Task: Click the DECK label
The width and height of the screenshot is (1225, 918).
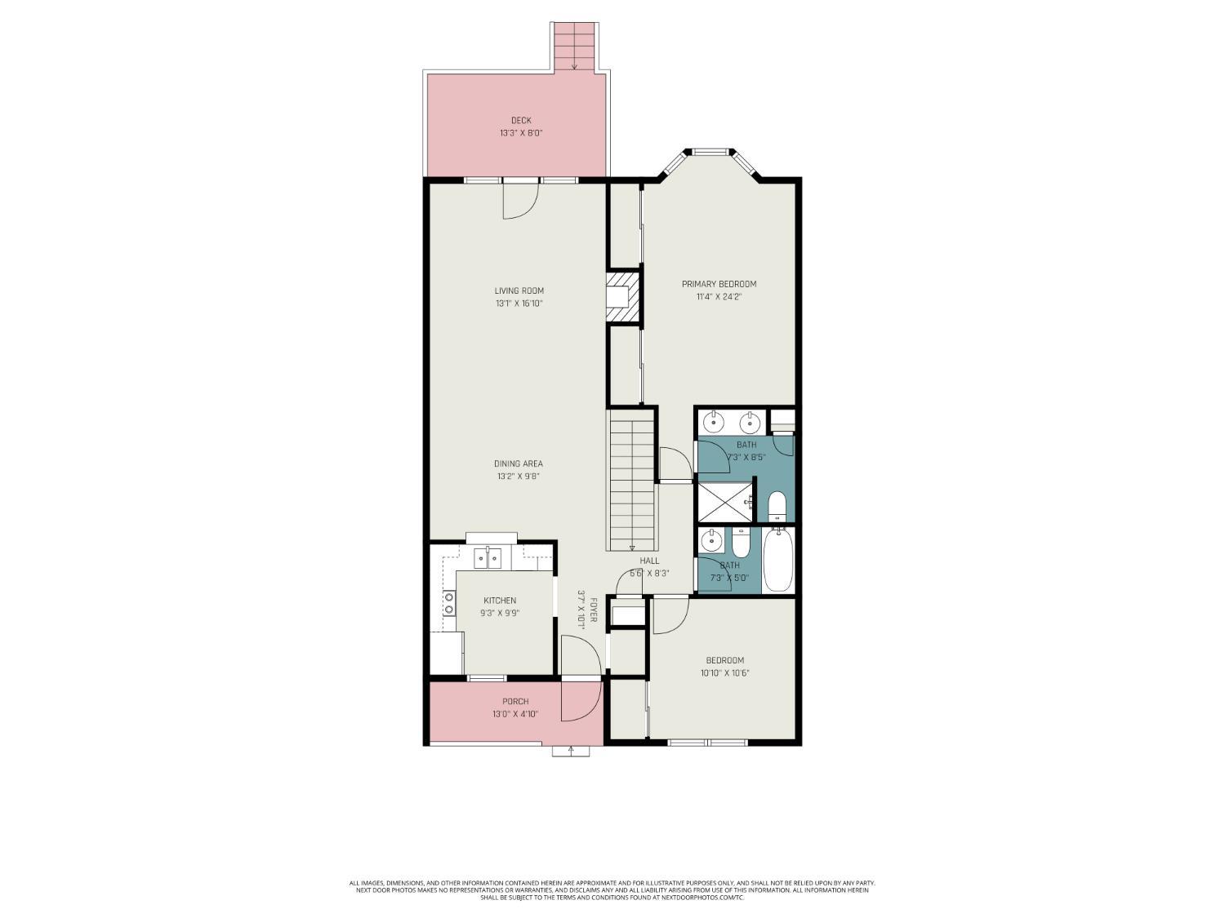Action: [x=521, y=121]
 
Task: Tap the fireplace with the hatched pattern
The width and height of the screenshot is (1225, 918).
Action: [x=621, y=297]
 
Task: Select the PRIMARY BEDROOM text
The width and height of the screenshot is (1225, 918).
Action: [x=719, y=284]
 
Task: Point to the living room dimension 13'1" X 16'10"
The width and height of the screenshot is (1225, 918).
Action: [x=519, y=304]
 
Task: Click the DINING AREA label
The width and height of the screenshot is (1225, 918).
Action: [x=518, y=463]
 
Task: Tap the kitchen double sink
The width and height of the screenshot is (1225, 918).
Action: [x=488, y=558]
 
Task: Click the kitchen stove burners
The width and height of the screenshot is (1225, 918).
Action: [x=448, y=602]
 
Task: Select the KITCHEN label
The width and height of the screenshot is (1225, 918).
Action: [x=499, y=601]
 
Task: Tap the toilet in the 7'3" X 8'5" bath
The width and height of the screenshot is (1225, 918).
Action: [x=777, y=506]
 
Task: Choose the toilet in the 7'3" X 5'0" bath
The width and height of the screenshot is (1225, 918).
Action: [x=741, y=543]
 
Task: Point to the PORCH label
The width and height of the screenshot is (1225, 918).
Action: [x=515, y=701]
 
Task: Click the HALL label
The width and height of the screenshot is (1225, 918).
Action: [x=649, y=561]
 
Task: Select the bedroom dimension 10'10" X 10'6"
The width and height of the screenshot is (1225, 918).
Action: [x=724, y=673]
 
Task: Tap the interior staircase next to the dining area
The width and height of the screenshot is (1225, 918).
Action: [x=632, y=481]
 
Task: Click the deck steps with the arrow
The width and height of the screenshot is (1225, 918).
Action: [x=575, y=46]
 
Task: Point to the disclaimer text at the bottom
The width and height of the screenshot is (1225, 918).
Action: [x=612, y=890]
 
